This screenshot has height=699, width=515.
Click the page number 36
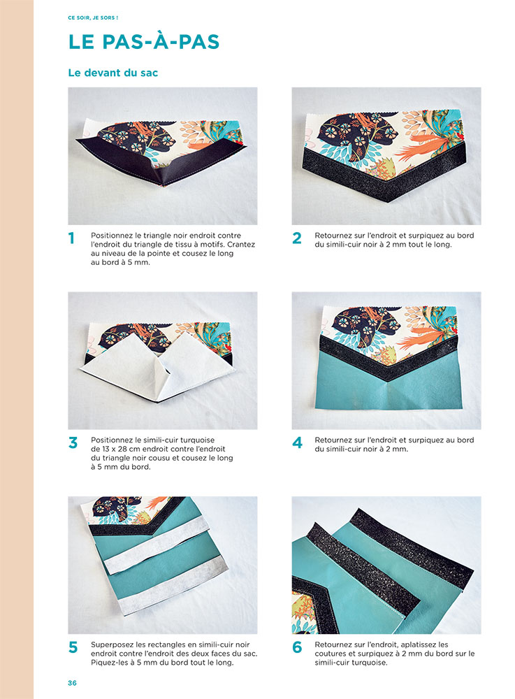click(72, 683)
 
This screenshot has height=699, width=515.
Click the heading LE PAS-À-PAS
click(144, 41)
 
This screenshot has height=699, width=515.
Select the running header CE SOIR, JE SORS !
click(93, 17)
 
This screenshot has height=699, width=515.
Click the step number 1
click(71, 238)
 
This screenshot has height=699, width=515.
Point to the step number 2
click(297, 238)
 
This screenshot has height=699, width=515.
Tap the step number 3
click(73, 442)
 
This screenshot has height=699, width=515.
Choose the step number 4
click(297, 442)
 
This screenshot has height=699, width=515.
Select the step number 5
click(73, 647)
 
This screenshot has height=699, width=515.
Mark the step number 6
click(297, 647)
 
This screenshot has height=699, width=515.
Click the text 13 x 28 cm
click(119, 449)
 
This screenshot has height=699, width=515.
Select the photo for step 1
click(163, 155)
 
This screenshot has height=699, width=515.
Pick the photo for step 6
click(386, 565)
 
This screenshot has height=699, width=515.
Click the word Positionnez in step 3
click(113, 440)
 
